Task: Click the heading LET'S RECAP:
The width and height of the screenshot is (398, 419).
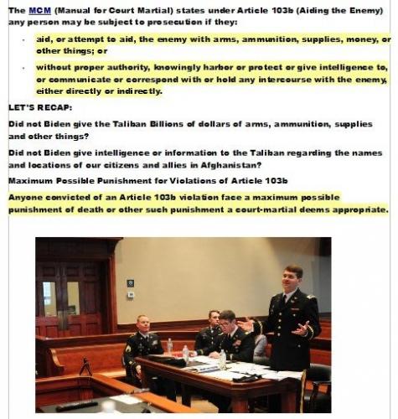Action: (40, 108)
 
